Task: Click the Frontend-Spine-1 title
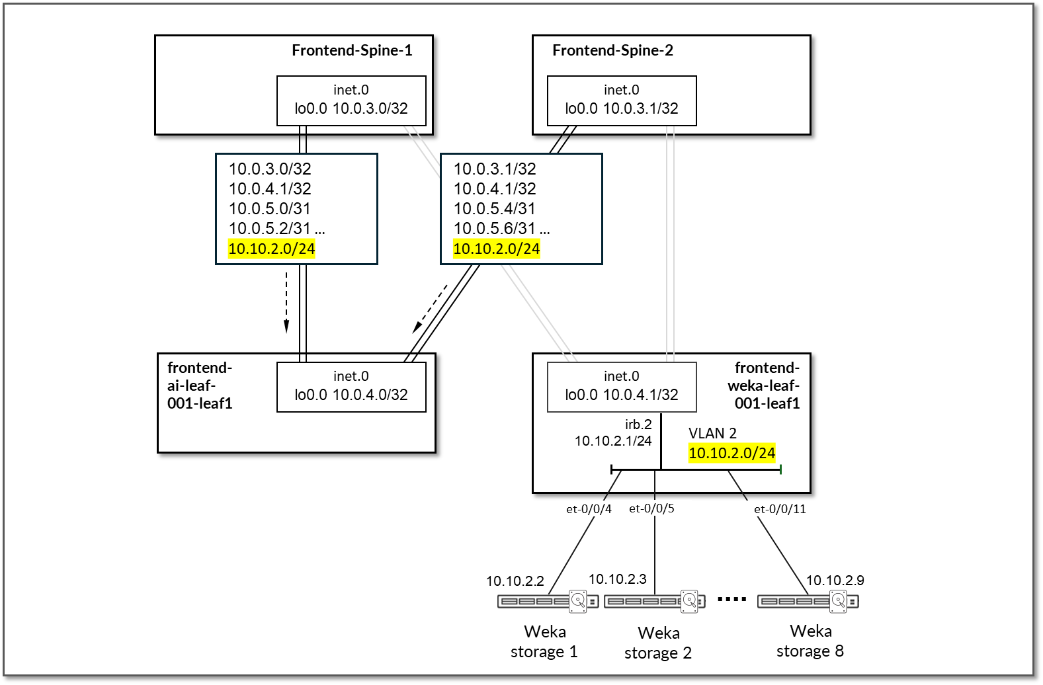coord(352,50)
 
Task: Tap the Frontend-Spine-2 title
coord(612,50)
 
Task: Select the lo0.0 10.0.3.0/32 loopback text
coord(351,108)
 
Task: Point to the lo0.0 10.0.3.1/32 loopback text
coord(622,108)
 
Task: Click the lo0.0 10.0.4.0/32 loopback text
coord(351,395)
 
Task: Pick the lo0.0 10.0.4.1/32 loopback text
coord(622,395)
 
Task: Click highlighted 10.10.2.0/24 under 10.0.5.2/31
coord(272,249)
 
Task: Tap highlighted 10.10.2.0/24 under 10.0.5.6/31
coord(497,249)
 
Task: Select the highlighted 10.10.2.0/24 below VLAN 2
coord(731,453)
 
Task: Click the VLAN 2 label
coord(712,433)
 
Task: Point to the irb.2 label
coord(638,424)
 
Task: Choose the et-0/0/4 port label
coord(589,509)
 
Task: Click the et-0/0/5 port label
coord(651,508)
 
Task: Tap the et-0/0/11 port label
coord(780,509)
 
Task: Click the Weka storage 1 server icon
coord(548,601)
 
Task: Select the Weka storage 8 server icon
coord(808,601)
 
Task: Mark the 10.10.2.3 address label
coord(618,579)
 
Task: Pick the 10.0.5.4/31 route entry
coord(495,209)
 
